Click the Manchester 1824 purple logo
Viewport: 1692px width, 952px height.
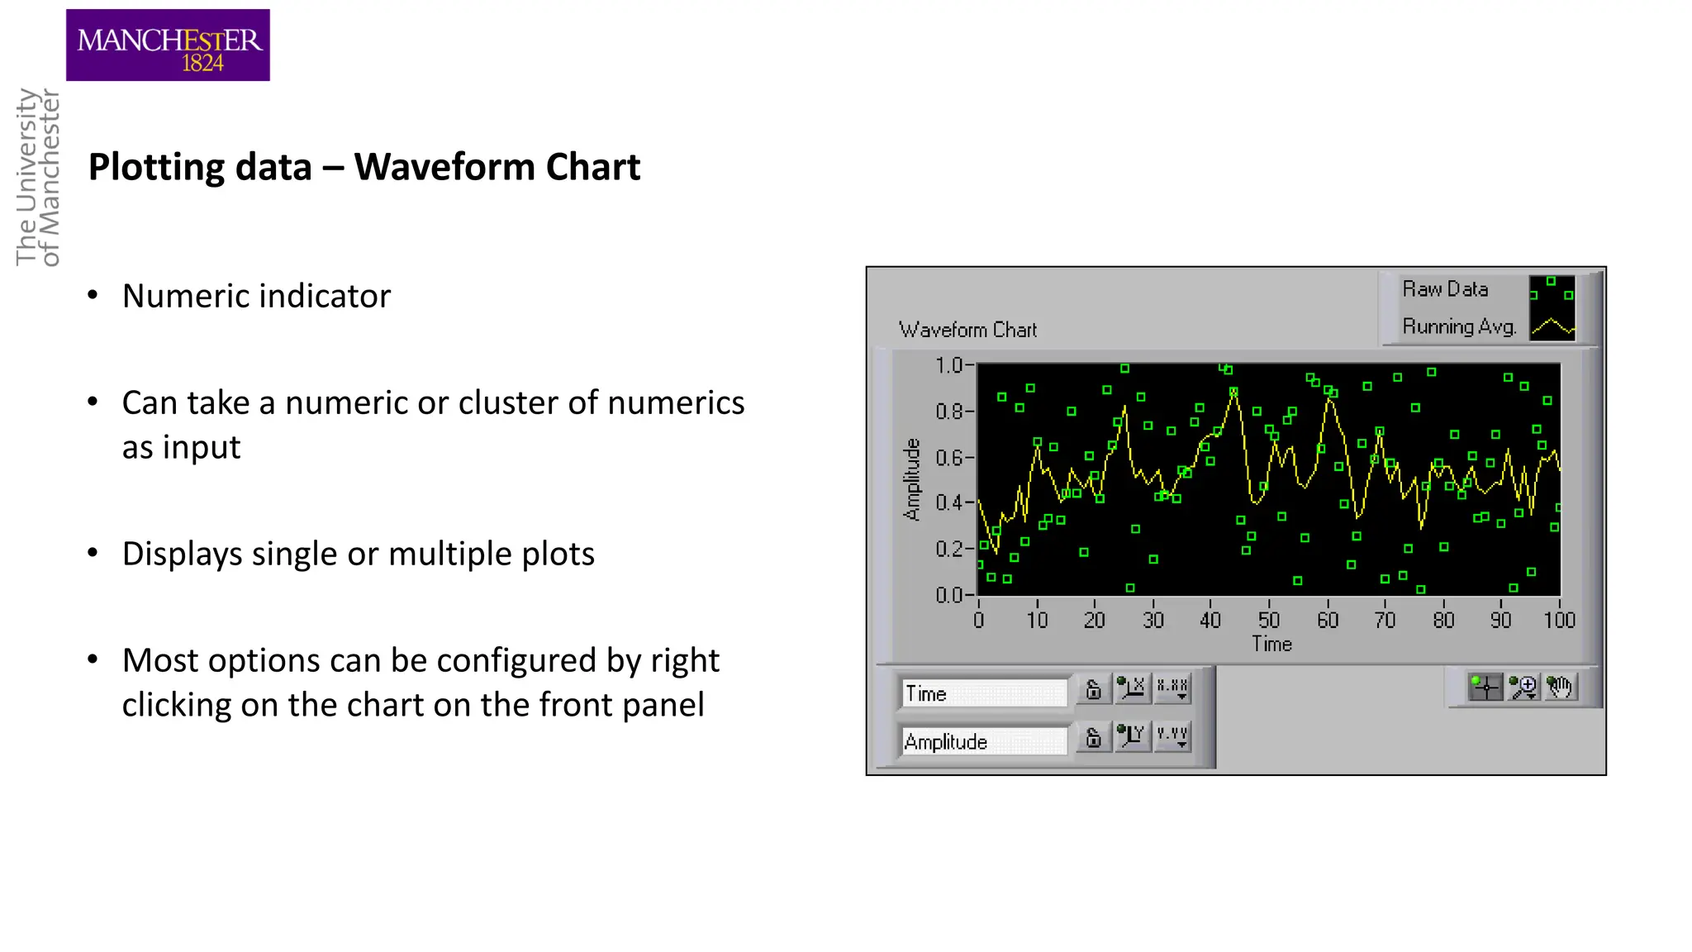[x=168, y=45]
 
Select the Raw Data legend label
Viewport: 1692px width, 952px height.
[x=1445, y=289]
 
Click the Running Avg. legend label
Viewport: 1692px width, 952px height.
[x=1459, y=327]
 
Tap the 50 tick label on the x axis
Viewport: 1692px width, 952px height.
[x=1269, y=620]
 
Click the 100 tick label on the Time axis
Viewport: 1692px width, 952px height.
[x=1559, y=620]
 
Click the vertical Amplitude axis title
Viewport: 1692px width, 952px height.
[x=911, y=479]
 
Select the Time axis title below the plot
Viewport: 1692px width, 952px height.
[x=1271, y=645]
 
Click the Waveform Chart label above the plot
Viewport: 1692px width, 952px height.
[x=967, y=330]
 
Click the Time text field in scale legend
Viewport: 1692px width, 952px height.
[x=983, y=693]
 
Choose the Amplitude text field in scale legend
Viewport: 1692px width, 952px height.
[x=983, y=741]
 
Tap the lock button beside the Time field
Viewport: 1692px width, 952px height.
[x=1093, y=689]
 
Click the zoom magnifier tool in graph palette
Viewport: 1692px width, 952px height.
[x=1523, y=687]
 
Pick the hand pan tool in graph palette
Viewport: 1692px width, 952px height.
[x=1560, y=687]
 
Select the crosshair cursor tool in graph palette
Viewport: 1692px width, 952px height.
[x=1485, y=687]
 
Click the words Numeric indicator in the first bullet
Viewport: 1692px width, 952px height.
[x=256, y=296]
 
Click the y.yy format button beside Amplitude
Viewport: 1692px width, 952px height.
[x=1172, y=735]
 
